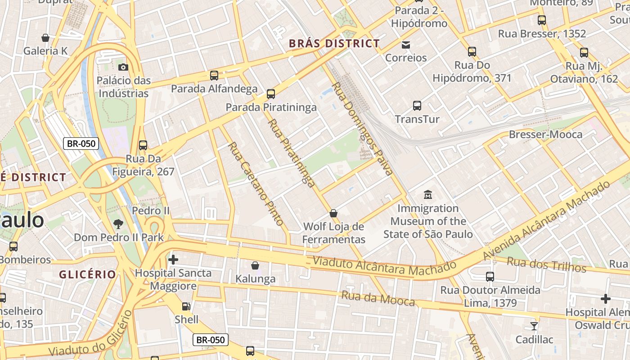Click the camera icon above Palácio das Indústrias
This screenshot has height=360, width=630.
click(123, 67)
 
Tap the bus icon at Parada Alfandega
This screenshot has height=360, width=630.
click(214, 75)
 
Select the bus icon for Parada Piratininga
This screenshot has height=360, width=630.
click(271, 94)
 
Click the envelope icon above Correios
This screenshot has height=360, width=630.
click(406, 44)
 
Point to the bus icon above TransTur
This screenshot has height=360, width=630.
click(417, 106)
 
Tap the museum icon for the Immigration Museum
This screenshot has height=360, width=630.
click(427, 195)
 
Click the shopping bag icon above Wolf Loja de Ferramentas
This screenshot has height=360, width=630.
click(333, 213)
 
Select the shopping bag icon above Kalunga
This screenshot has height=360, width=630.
click(255, 265)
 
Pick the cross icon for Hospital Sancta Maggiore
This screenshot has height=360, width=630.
click(173, 259)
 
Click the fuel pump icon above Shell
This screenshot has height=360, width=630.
click(186, 306)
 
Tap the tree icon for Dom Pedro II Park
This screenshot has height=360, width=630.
click(118, 223)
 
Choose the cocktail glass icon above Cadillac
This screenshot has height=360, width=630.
click(534, 326)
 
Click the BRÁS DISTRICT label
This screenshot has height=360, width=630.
click(334, 44)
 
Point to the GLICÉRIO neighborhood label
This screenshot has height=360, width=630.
click(87, 274)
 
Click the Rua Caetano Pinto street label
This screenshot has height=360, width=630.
click(256, 184)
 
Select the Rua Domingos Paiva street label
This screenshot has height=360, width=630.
click(362, 128)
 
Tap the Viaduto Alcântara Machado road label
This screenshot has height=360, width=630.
click(384, 266)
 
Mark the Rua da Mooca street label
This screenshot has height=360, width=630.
click(378, 298)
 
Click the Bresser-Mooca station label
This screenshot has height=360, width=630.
click(545, 134)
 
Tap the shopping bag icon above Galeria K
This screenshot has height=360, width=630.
click(45, 38)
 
